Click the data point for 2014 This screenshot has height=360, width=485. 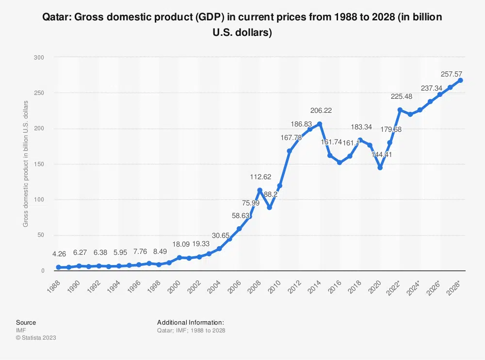click(319, 124)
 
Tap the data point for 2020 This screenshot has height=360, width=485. click(380, 168)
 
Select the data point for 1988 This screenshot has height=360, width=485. click(59, 267)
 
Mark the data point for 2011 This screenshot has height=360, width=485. click(289, 151)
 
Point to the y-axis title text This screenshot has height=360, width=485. click(25, 163)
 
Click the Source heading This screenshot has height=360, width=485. click(26, 322)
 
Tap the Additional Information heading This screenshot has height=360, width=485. click(190, 322)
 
